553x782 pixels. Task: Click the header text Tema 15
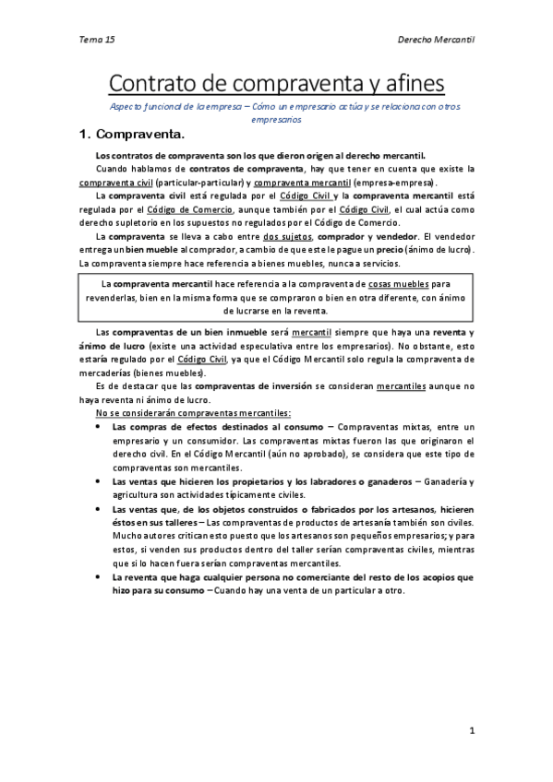pyautogui.click(x=96, y=41)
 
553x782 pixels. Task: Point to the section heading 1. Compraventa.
pyautogui.click(x=132, y=135)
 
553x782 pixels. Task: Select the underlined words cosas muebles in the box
pyautogui.click(x=401, y=283)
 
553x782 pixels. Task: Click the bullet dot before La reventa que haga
pyautogui.click(x=99, y=576)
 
